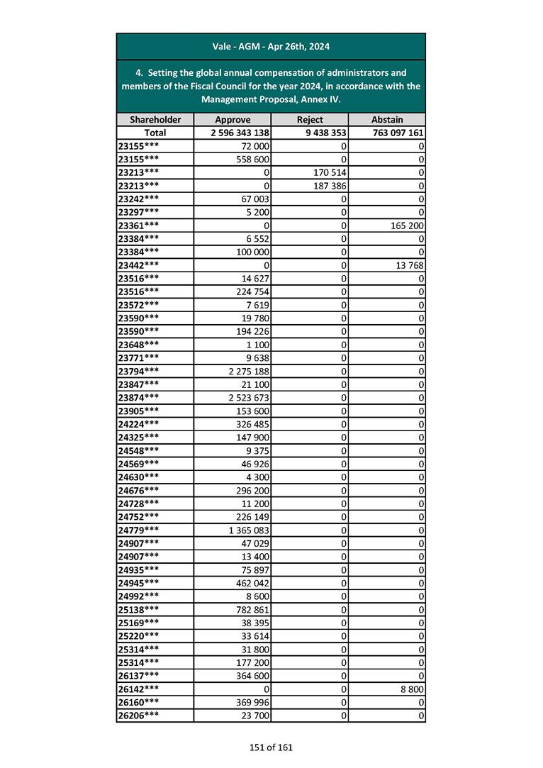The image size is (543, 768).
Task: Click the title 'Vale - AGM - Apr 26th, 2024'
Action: coord(271,47)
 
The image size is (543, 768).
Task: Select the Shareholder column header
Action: coord(155,120)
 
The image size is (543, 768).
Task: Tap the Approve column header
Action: coord(233,120)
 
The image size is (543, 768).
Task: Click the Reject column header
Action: coord(310,120)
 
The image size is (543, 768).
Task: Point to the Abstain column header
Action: coord(387,120)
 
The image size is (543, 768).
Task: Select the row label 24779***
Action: coord(138,530)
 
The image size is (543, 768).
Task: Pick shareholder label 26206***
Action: coord(138,715)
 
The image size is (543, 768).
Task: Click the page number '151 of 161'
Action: coord(271,747)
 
